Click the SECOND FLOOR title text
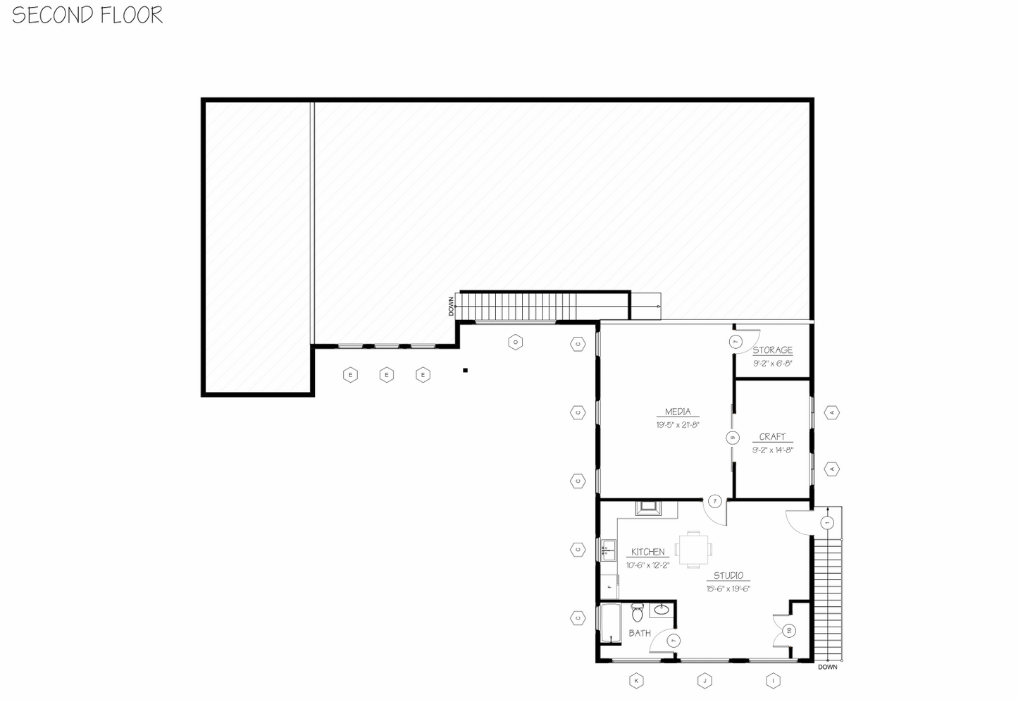pos(87,15)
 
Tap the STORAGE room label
pos(772,350)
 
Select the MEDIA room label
pos(678,412)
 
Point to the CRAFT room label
pos(772,437)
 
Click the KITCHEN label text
pos(647,552)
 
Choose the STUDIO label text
pos(728,576)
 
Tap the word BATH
pos(640,634)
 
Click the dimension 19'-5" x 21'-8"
pos(678,425)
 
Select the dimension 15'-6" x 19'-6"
pos(728,589)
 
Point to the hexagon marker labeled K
pos(636,681)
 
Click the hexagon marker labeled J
pos(704,681)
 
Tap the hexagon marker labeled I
pos(774,681)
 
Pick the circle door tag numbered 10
pos(789,630)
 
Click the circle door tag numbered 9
pos(733,438)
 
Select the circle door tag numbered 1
pos(827,523)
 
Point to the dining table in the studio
pos(694,549)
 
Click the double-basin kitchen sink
pos(607,549)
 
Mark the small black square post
pos(465,370)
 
